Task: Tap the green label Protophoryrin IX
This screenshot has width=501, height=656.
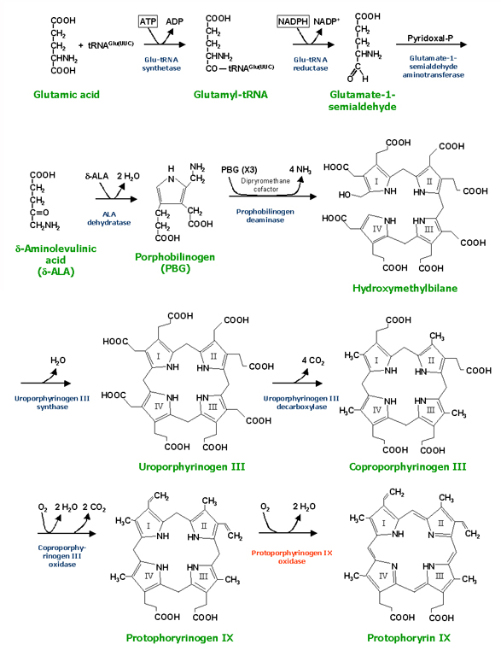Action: coord(408,637)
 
